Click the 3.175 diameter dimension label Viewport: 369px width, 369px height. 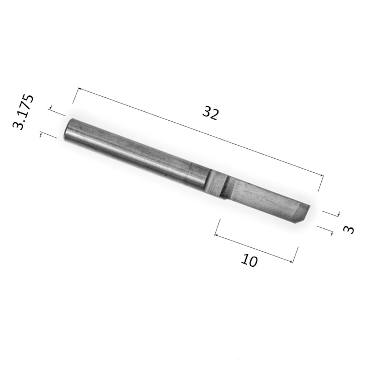click(23, 112)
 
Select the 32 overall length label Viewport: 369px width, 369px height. click(211, 113)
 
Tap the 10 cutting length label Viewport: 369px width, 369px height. click(249, 260)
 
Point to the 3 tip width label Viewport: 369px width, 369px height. click(349, 230)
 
